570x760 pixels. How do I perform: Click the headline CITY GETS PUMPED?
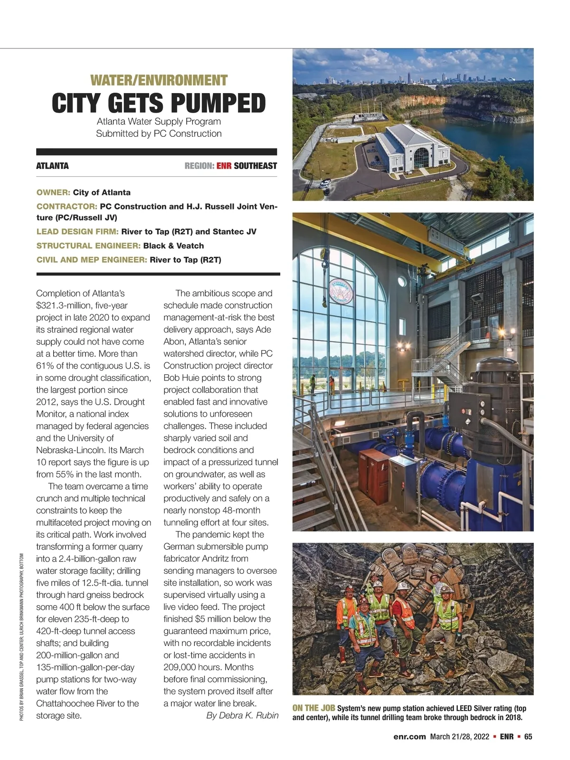click(159, 103)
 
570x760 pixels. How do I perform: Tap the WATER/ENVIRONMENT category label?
click(159, 80)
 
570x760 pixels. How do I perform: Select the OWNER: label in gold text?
click(53, 192)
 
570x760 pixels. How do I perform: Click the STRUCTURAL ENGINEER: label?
click(88, 246)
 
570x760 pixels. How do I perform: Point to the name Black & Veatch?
click(173, 246)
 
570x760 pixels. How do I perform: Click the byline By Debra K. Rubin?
click(242, 715)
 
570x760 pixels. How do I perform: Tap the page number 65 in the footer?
click(528, 737)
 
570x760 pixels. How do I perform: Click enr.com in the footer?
click(409, 737)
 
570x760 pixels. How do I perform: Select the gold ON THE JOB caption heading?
click(313, 708)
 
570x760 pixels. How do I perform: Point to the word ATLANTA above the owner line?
click(52, 166)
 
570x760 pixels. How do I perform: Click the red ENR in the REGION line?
click(224, 166)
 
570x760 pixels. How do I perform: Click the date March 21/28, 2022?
click(459, 737)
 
